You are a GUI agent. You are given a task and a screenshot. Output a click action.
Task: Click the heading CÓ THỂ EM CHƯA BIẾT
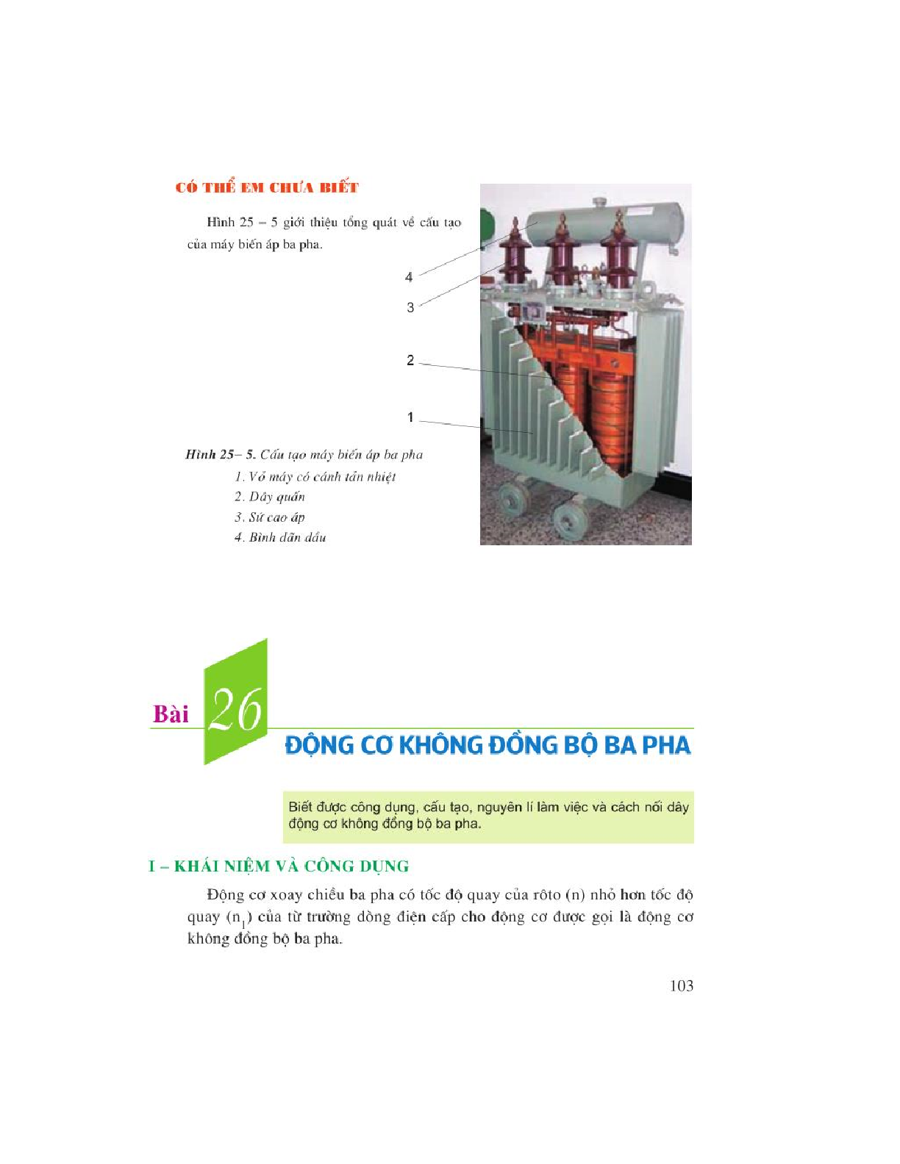pos(267,187)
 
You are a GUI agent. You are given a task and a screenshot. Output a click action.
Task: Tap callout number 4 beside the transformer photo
pos(409,278)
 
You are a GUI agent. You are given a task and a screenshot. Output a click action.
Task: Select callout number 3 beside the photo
pos(410,307)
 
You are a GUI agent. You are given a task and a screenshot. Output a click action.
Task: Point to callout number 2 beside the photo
pos(410,361)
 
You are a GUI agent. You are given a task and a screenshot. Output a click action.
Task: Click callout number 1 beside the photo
pos(410,417)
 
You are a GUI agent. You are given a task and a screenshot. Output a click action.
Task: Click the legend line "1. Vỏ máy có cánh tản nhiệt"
pos(315,477)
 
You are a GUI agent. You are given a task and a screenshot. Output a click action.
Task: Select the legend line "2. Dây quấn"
pos(270,497)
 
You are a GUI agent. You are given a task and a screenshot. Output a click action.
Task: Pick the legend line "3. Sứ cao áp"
pos(270,517)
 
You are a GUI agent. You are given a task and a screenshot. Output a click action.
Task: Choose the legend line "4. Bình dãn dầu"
pos(280,537)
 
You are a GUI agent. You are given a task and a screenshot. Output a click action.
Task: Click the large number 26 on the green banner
pos(236,710)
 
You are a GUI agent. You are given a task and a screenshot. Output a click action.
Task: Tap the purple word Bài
pos(171,714)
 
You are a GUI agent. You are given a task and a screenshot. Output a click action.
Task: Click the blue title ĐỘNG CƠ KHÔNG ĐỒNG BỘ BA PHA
pos(488,746)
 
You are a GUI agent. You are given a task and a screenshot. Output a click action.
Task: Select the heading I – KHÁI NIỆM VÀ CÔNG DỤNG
pos(279,866)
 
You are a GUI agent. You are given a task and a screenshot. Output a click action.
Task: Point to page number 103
pos(682,985)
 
